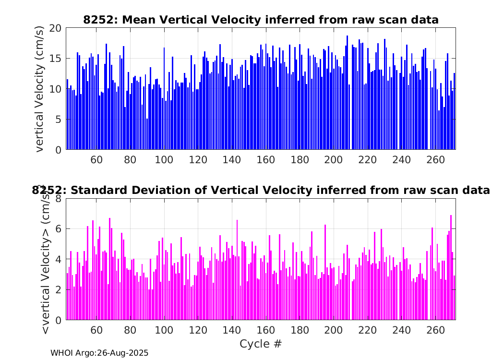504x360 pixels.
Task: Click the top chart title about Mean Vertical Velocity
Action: click(x=261, y=20)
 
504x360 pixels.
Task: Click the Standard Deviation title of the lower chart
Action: click(x=261, y=190)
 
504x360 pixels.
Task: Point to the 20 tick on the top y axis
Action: click(x=55, y=28)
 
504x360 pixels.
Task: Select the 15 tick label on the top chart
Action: click(x=55, y=59)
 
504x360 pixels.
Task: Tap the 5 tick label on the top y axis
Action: click(x=58, y=120)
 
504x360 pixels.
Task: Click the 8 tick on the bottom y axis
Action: click(x=58, y=199)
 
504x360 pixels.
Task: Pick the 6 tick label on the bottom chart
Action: click(x=58, y=229)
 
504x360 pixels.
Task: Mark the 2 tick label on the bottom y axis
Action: click(x=58, y=289)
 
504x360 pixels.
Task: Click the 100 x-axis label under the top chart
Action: click(x=164, y=159)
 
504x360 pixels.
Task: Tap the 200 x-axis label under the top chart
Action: click(x=333, y=159)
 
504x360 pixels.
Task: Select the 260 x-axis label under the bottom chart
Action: click(x=435, y=330)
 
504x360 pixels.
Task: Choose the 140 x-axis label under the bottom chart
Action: click(x=232, y=330)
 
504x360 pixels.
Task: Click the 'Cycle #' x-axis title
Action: click(x=261, y=344)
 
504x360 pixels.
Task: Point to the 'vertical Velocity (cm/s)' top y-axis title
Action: click(x=39, y=89)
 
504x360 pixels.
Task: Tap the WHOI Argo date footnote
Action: click(x=99, y=353)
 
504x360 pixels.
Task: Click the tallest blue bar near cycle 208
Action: click(x=347, y=93)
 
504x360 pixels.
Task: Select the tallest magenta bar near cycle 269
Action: click(x=451, y=267)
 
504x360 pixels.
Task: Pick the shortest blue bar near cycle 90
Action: click(x=147, y=134)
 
